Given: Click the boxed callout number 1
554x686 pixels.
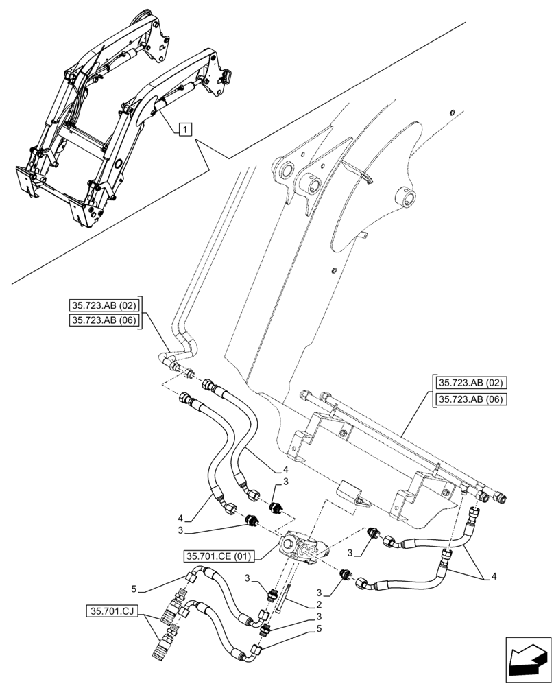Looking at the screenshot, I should click(x=186, y=129).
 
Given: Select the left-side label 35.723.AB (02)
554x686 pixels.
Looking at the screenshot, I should click(x=104, y=305).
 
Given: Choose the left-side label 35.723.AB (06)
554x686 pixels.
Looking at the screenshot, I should click(x=104, y=321).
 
